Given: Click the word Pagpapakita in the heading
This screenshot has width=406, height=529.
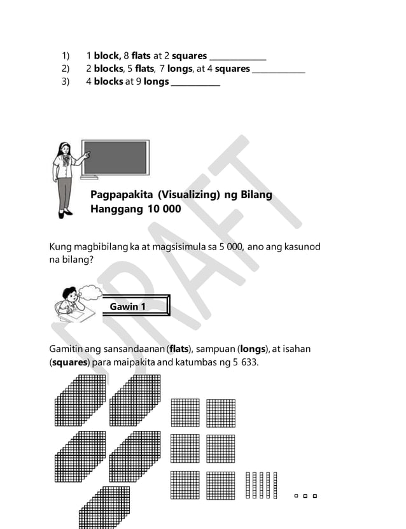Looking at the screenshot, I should [x=121, y=194].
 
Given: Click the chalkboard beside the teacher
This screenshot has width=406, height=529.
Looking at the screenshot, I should [x=115, y=159].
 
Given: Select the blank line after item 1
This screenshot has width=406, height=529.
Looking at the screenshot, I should [x=237, y=57].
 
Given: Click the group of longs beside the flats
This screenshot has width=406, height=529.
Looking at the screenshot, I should [x=262, y=485].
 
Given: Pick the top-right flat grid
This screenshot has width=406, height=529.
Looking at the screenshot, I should [x=221, y=413].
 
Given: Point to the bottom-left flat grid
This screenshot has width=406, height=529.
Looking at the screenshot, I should [x=185, y=484].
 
